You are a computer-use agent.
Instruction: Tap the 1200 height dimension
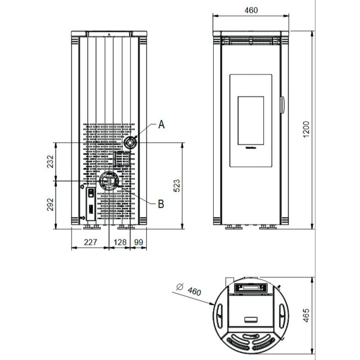click(306, 130)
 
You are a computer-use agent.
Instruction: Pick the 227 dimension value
click(90, 242)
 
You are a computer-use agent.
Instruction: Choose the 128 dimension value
click(120, 242)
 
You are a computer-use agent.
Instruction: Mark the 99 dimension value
click(138, 242)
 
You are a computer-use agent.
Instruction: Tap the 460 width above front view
click(252, 11)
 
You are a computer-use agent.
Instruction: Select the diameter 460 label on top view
click(194, 292)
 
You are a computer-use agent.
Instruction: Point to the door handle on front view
click(283, 104)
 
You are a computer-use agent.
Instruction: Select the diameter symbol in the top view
click(180, 286)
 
